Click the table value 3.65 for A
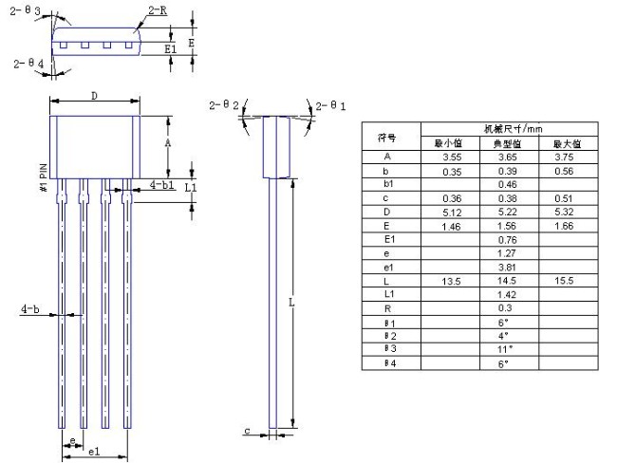click(x=507, y=157)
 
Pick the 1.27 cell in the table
click(x=507, y=253)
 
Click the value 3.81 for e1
click(x=507, y=268)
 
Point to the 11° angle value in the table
click(x=506, y=349)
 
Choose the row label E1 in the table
click(x=387, y=240)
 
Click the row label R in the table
click(x=387, y=309)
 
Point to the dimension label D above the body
click(x=93, y=96)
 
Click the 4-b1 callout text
click(x=162, y=184)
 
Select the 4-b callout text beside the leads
click(x=29, y=309)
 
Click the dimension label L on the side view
click(x=292, y=303)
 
